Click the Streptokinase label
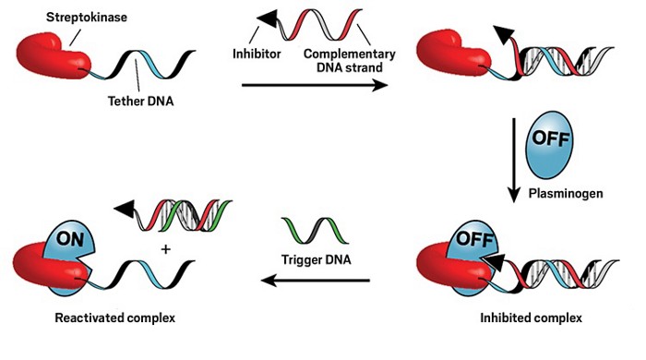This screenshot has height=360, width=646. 87,18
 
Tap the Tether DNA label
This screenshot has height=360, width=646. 140,101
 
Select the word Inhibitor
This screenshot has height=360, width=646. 257,54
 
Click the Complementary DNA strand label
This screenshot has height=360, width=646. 350,61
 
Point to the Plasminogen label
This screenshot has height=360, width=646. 566,193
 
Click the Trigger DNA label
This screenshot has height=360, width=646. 316,259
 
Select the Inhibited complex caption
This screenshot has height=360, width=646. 531,318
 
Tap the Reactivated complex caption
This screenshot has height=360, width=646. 115,318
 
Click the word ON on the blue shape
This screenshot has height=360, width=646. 69,238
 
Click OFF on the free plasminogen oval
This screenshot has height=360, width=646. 550,138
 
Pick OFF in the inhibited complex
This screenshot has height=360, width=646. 474,239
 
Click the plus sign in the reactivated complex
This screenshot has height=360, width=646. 165,249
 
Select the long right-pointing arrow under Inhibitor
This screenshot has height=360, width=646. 315,85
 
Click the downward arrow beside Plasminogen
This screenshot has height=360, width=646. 513,161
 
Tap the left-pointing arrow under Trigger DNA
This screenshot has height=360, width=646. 316,281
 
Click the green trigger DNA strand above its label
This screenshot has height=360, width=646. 316,231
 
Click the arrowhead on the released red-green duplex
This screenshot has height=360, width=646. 125,209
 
